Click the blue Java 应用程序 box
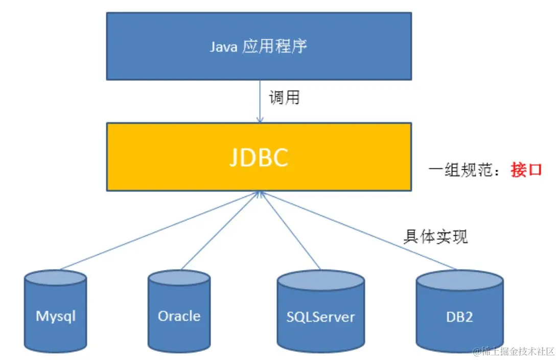[259, 47]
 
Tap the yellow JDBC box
[259, 156]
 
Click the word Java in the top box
[223, 47]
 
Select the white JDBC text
[259, 157]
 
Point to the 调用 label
[284, 98]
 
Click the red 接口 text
[526, 169]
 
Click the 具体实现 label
[435, 236]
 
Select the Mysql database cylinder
[56, 311]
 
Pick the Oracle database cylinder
[179, 311]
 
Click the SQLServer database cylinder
[320, 311]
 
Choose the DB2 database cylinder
[459, 311]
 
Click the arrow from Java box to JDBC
[260, 101]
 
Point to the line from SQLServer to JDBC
[290, 231]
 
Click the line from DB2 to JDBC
[358, 231]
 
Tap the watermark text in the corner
[514, 351]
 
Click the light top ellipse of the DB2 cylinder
[459, 280]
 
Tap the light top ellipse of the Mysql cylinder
[56, 277]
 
